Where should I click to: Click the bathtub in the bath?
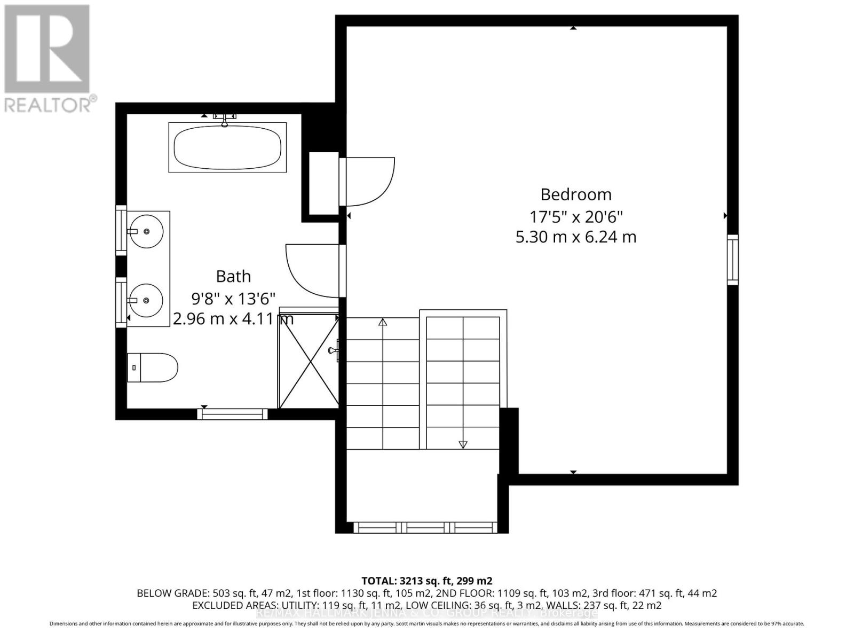228,147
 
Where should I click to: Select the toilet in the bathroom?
153,368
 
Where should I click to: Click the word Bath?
233,276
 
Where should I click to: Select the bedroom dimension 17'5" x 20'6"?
576,217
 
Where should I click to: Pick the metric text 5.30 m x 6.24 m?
576,237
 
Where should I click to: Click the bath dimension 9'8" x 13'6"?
233,298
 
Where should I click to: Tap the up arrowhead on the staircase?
383,322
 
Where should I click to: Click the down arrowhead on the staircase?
463,444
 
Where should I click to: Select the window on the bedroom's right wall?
733,259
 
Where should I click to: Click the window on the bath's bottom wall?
233,413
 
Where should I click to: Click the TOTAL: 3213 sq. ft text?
426,581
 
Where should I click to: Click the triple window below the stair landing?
425,528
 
